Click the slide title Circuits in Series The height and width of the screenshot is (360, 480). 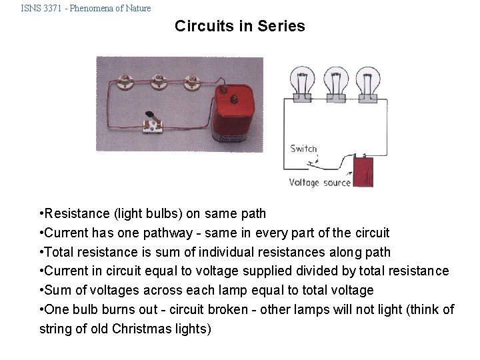[239, 27]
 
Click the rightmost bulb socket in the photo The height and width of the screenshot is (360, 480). [192, 83]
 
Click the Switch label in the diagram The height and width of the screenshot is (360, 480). [303, 149]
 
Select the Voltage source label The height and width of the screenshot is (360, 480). [319, 183]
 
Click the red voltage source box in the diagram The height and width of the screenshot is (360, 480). [363, 173]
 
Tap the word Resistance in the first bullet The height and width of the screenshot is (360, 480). [75, 214]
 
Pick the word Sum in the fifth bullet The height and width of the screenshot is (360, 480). [58, 291]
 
